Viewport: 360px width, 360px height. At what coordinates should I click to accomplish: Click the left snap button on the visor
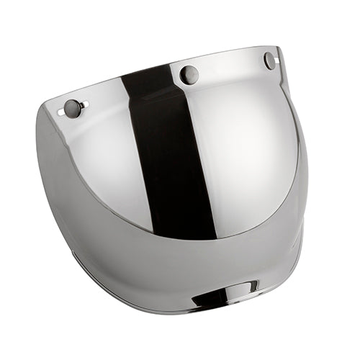pyautogui.click(x=72, y=108)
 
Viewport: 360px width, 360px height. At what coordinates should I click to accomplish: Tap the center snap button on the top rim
pyautogui.click(x=189, y=73)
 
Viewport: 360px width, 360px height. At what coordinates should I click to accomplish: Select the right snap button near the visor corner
pyautogui.click(x=269, y=60)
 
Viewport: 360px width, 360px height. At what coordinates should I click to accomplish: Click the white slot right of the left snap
pyautogui.click(x=84, y=106)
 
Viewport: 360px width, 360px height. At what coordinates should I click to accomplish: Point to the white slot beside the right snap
pyautogui.click(x=278, y=58)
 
